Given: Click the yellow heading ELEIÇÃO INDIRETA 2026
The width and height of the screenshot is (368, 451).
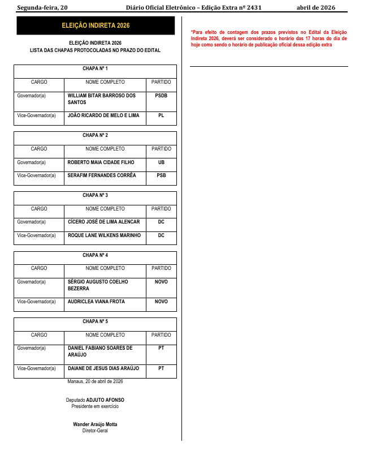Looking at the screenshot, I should (96, 26).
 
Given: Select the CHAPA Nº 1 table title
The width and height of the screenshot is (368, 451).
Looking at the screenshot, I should (95, 68).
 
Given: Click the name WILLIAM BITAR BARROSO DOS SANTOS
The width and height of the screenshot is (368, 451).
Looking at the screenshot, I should (102, 99).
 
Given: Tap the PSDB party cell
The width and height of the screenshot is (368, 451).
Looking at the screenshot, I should (161, 96).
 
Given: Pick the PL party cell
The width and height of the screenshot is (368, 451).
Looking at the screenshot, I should (161, 115).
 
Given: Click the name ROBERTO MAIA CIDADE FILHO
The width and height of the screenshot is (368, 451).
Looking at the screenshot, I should (101, 162).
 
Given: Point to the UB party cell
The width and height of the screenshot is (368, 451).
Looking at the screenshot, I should (161, 162).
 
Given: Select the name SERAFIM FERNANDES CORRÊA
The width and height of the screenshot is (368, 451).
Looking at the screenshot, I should (102, 175).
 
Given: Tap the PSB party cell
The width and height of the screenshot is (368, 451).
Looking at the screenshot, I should (161, 175).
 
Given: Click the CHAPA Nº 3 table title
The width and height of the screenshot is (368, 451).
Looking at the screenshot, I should (95, 195).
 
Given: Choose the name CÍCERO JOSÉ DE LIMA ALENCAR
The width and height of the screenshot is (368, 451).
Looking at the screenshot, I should (103, 222).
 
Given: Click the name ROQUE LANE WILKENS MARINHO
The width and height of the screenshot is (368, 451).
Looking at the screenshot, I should (104, 235).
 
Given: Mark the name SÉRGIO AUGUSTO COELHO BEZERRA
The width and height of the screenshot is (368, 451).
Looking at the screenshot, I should (98, 285).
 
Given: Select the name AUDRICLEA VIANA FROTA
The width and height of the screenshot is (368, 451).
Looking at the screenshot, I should (96, 302).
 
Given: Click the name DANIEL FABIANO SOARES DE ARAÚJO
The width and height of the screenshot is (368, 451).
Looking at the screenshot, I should (100, 351).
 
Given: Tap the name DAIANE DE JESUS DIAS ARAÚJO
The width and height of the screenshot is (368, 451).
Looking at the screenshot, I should (103, 368).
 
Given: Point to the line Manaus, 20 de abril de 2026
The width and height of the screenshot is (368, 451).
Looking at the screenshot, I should (95, 382).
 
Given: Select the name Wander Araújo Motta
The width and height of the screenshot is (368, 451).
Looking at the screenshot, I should (95, 424).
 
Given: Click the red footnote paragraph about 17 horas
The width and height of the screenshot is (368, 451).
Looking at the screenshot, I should (269, 38).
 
